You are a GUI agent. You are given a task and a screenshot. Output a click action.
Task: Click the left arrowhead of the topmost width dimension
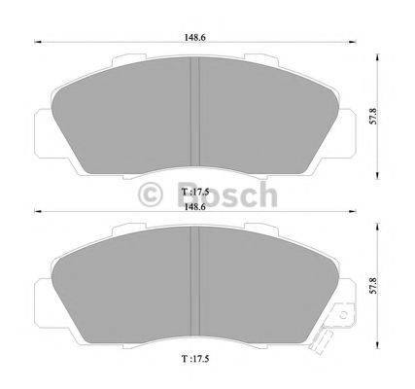coord(36,40)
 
